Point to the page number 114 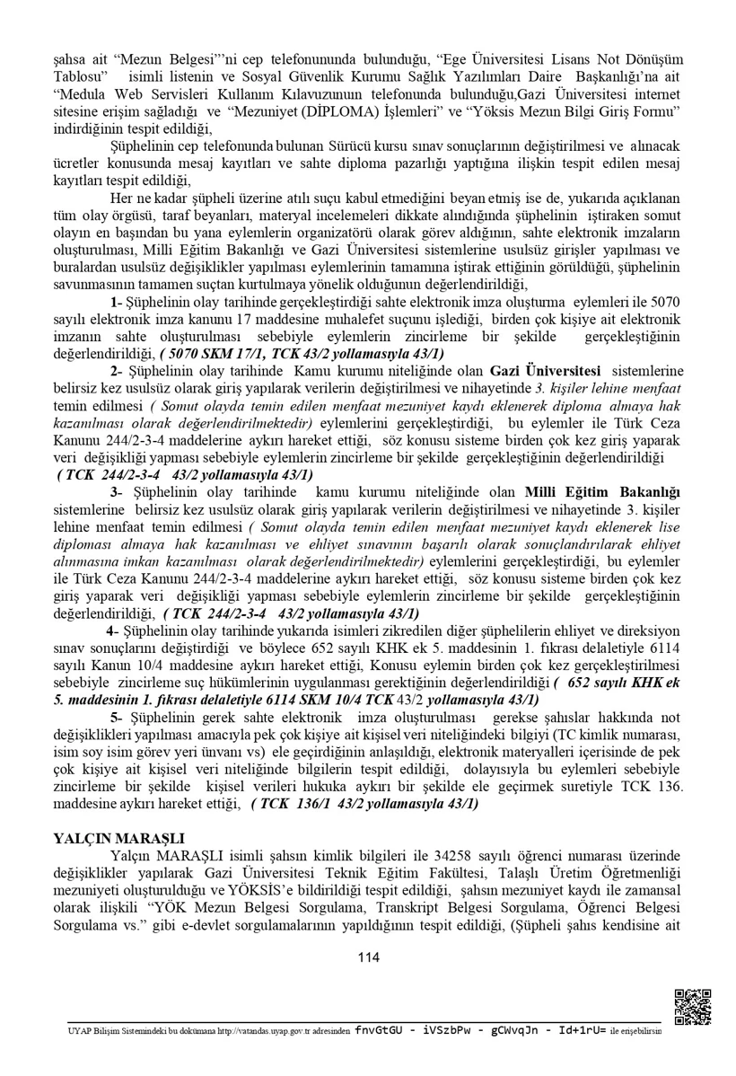click(368, 957)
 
